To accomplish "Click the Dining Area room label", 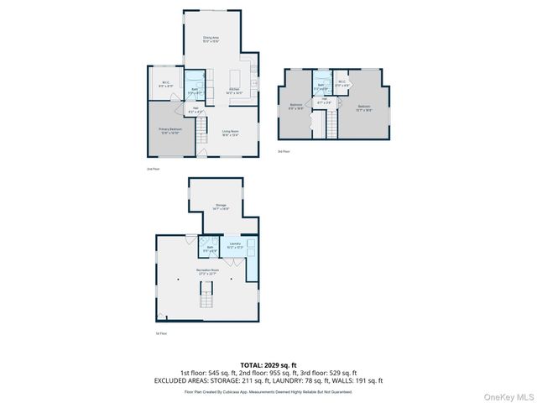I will tap(211, 39).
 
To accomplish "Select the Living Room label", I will tap(231, 132).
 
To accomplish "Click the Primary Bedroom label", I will tap(171, 130).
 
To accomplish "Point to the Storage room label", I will tap(221, 206).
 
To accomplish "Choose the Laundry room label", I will tap(236, 247).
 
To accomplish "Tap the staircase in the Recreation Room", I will tap(206, 296).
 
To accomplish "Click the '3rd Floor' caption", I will tap(283, 151).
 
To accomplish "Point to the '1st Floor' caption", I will tap(160, 334).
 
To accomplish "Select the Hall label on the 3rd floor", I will tap(325, 102).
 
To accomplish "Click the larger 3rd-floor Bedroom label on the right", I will tap(363, 107).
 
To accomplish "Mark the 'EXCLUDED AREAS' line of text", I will tap(268, 380).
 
